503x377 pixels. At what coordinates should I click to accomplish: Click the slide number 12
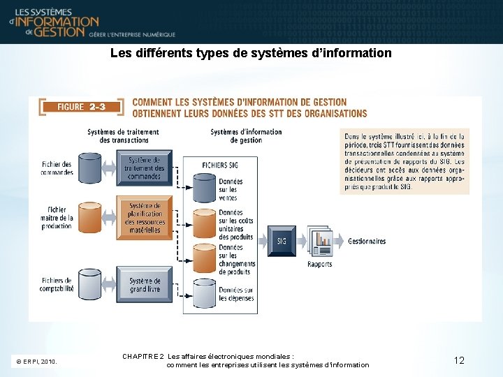459,360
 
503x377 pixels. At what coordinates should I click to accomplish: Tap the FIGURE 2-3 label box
81,107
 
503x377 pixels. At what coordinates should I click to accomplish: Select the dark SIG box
282,241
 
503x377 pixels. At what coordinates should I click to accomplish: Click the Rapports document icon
320,241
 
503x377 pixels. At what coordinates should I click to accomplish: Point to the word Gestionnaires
367,242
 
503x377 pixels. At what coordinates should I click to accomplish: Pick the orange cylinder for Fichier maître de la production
89,215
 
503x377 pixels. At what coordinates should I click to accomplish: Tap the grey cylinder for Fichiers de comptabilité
89,282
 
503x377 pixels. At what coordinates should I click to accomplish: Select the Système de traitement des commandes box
144,168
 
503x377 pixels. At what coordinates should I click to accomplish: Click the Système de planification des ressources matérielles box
144,218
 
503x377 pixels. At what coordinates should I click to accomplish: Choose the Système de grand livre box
144,285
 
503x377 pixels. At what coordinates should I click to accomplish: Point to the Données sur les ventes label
231,189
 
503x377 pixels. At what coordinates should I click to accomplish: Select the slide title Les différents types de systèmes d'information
251,53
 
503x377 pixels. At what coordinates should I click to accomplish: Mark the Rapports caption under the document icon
320,264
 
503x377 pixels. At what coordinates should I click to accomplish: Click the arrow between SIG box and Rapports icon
301,242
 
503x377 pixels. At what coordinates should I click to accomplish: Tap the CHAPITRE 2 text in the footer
143,356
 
